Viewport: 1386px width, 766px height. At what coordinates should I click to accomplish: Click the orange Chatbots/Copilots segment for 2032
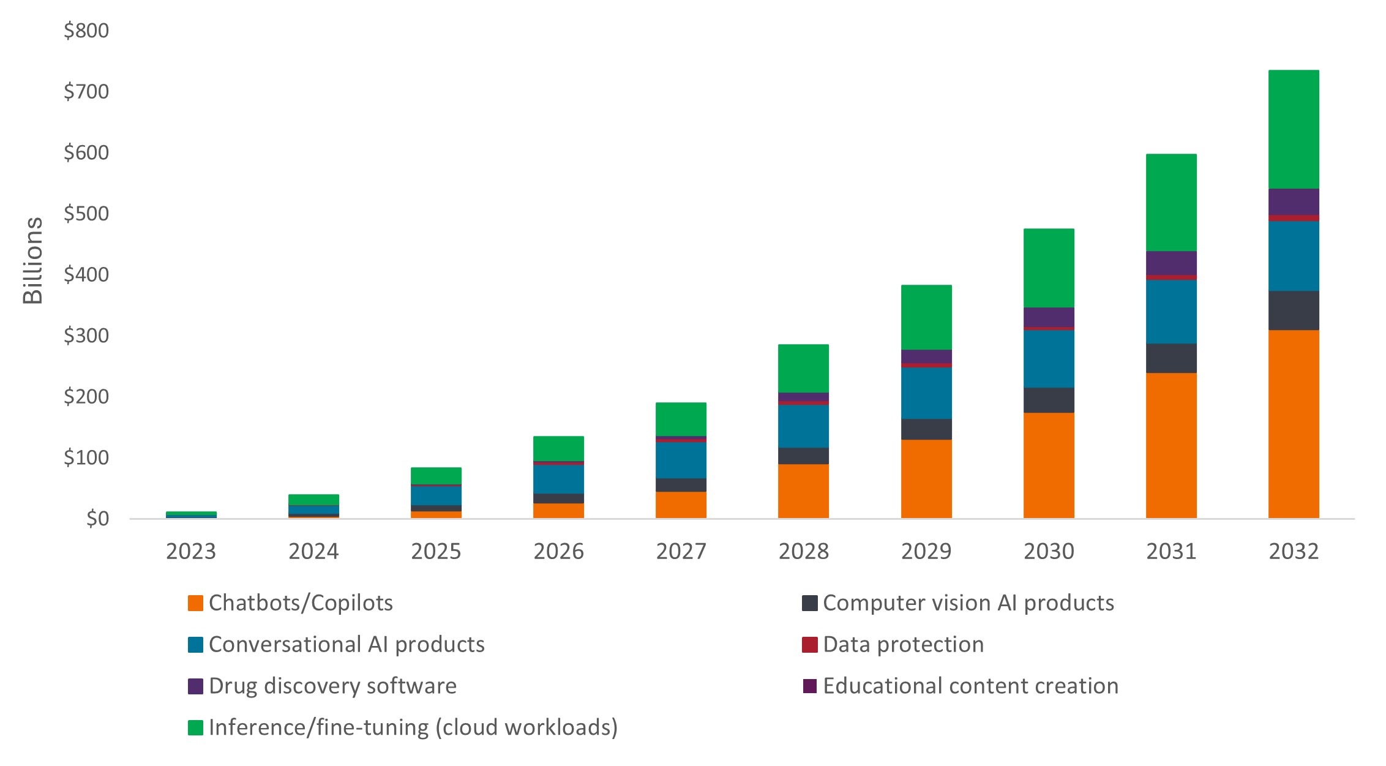tap(1293, 424)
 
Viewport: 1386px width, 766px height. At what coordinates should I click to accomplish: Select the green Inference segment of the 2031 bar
tap(1171, 202)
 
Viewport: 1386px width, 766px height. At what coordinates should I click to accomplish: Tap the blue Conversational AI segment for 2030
tap(1048, 359)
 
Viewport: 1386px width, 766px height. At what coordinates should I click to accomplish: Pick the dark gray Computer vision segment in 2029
tap(926, 429)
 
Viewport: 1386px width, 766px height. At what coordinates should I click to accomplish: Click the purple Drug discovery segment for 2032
tap(1293, 201)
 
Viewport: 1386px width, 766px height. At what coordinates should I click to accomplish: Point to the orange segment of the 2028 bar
tap(803, 491)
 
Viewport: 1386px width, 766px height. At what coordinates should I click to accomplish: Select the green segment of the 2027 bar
tap(681, 419)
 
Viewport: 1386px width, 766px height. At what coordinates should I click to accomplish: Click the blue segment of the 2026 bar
tap(558, 479)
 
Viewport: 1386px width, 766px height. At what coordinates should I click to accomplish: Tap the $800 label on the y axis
tap(86, 31)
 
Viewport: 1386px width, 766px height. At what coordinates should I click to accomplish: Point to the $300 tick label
tap(86, 336)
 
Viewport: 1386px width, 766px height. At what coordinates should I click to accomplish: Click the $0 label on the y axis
tap(97, 519)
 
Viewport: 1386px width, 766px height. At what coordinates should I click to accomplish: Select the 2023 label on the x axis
tap(191, 552)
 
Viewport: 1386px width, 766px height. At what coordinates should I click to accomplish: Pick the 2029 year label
tap(926, 552)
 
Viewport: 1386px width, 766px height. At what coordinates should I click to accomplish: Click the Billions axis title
tap(32, 260)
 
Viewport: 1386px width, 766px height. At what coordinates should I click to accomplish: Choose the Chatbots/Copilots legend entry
tap(301, 603)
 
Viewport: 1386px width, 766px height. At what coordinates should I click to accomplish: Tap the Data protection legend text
tap(903, 645)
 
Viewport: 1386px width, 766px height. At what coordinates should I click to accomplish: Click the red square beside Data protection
tap(809, 645)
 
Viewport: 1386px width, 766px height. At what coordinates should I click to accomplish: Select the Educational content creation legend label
tap(970, 686)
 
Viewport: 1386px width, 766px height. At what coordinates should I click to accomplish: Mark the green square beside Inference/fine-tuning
tap(195, 727)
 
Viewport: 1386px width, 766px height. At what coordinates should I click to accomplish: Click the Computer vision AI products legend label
tap(968, 603)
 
